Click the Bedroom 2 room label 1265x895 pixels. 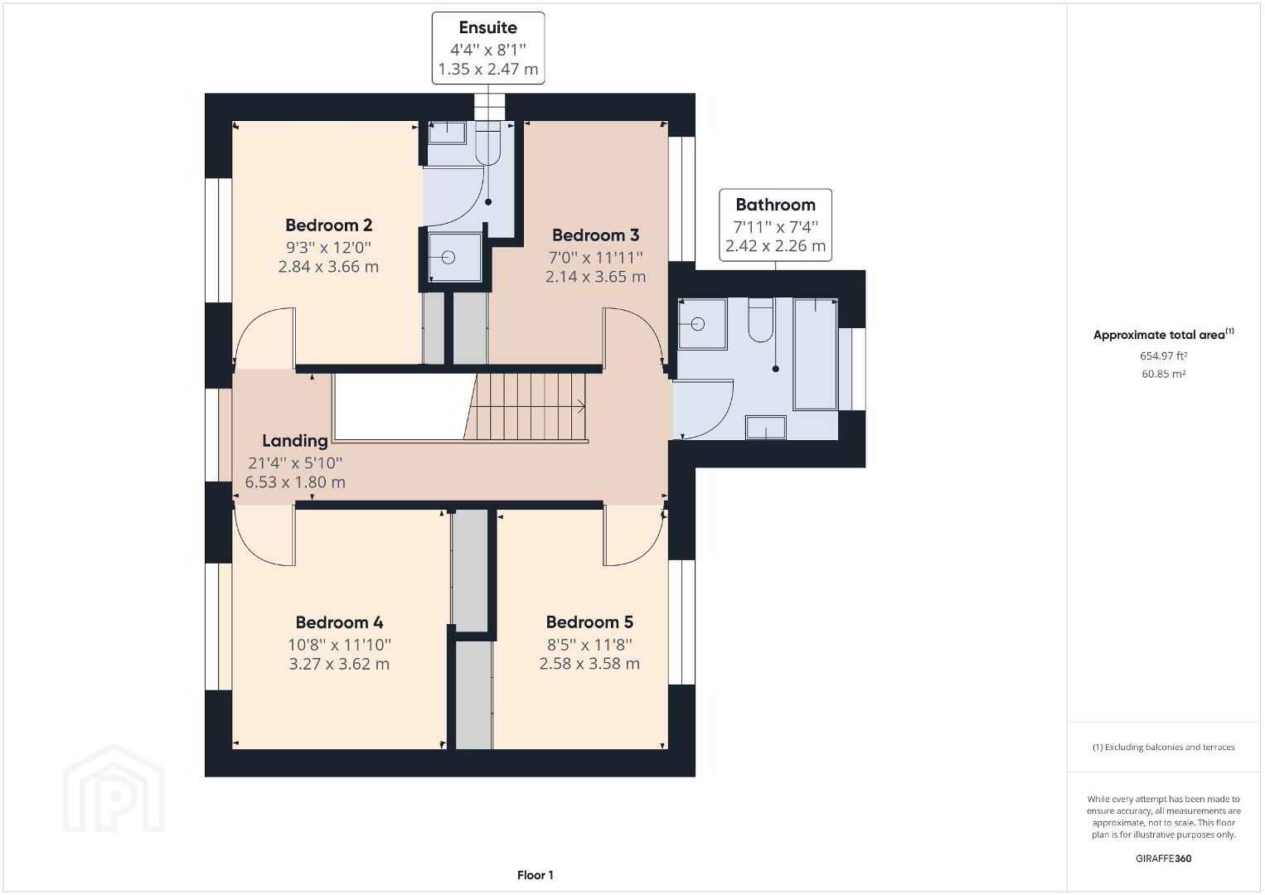pos(328,225)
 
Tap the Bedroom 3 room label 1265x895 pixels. pos(595,235)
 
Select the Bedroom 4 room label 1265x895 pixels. pos(339,622)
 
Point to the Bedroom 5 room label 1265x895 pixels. pos(589,622)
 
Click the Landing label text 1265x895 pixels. pos(295,441)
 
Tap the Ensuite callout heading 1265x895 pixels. pos(488,27)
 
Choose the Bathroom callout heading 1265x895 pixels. pos(775,205)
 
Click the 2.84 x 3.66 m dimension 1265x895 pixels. pos(328,267)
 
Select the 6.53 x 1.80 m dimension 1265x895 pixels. pos(295,482)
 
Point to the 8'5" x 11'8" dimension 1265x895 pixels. pos(589,644)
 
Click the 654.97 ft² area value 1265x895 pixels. pos(1163,356)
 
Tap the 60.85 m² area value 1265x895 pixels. pos(1163,374)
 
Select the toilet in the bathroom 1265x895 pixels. pos(760,320)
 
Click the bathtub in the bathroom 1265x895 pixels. pos(815,354)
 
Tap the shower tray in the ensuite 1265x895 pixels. pos(454,258)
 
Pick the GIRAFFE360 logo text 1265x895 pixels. pos(1163,859)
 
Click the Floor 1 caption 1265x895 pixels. pos(536,875)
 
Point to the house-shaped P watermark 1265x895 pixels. pos(114,788)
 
